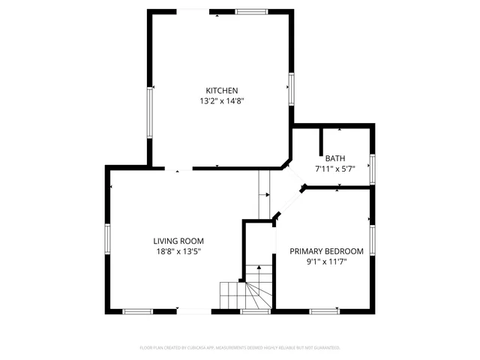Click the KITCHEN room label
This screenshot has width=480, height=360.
pyautogui.click(x=223, y=91)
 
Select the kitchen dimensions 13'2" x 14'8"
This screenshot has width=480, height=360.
pyautogui.click(x=223, y=100)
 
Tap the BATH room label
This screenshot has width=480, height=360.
pyautogui.click(x=335, y=158)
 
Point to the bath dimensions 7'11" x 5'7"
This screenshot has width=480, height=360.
pyautogui.click(x=335, y=169)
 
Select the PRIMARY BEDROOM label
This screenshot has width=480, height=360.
pyautogui.click(x=326, y=251)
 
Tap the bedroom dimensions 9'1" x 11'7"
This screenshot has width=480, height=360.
pyautogui.click(x=326, y=262)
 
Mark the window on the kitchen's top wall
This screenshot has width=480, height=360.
pyautogui.click(x=251, y=11)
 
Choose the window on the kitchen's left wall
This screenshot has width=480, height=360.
pyautogui.click(x=151, y=112)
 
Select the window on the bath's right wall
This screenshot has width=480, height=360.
pyautogui.click(x=372, y=168)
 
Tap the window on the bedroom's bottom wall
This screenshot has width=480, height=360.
pyautogui.click(x=324, y=310)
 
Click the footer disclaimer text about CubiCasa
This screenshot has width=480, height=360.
pyautogui.click(x=240, y=348)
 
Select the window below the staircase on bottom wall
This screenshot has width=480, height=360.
pyautogui.click(x=256, y=310)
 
